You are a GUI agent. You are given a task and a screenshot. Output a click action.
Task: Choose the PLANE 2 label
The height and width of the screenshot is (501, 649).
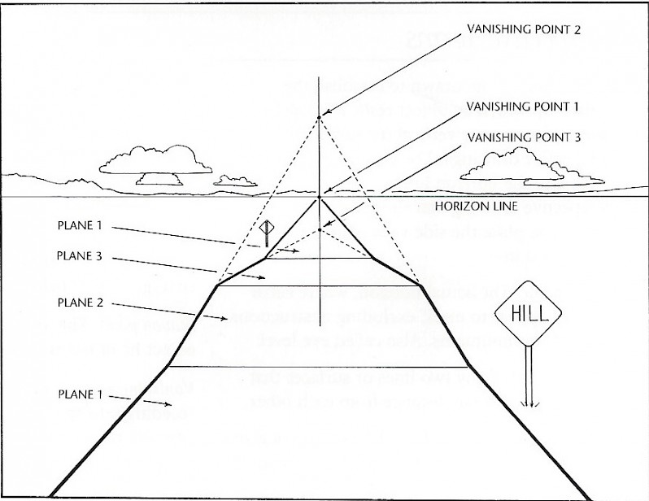point(79,303)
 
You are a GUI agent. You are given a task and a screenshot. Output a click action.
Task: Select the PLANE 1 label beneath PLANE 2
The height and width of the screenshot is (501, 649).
point(79,394)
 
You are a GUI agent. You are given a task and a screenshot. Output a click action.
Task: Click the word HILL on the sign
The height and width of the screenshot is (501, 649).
point(530,312)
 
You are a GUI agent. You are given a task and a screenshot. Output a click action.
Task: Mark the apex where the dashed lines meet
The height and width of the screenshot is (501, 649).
point(319,117)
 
